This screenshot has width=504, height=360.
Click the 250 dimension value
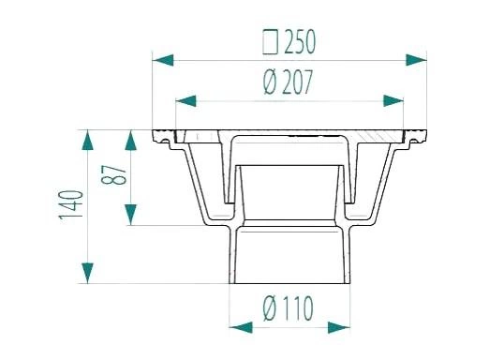[300, 42]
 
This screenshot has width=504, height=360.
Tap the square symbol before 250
[271, 42]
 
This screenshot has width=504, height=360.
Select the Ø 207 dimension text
[288, 82]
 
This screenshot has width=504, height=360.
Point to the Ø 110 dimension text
[288, 308]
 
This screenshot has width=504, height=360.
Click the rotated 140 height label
[71, 204]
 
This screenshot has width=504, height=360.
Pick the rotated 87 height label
[113, 174]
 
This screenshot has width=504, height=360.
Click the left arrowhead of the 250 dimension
[163, 60]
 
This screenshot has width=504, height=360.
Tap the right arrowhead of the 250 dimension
[416, 60]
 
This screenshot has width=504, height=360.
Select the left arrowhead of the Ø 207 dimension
[186, 101]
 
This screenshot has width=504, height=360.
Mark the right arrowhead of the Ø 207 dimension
[393, 100]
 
